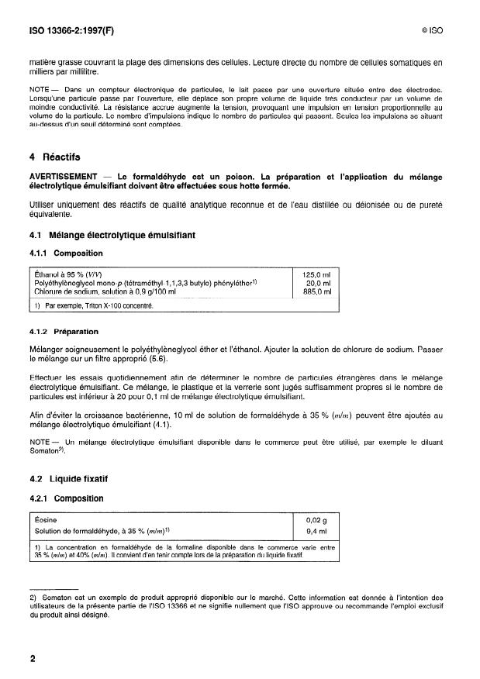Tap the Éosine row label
pyautogui.click(x=47, y=520)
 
